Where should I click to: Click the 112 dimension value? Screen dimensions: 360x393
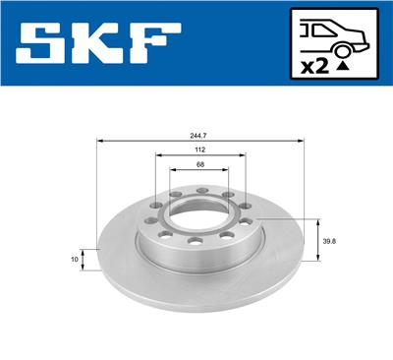pyautogui.click(x=199, y=151)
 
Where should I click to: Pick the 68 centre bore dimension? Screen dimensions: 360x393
pyautogui.click(x=199, y=164)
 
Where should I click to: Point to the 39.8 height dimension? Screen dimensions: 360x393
pyautogui.click(x=331, y=240)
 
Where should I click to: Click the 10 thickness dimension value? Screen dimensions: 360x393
pyautogui.click(x=75, y=260)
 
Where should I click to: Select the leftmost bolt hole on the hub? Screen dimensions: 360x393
pyautogui.click(x=150, y=222)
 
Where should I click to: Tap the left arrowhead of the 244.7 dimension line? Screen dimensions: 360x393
pyautogui.click(x=100, y=144)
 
